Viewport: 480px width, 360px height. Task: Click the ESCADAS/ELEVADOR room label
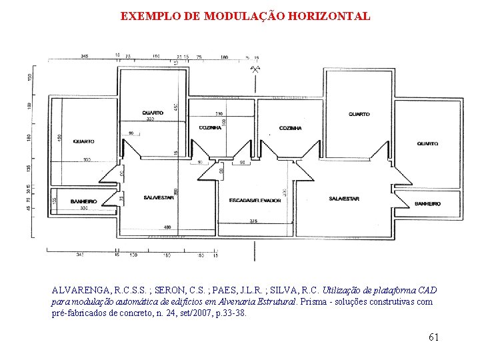(251, 200)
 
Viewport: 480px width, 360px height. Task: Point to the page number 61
(433, 337)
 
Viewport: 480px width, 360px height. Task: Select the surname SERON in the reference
(179, 291)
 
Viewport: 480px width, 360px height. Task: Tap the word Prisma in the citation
(314, 301)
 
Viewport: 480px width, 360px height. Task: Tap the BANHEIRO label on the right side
(427, 203)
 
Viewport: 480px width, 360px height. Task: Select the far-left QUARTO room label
(84, 141)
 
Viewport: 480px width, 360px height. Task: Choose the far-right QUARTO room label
(427, 143)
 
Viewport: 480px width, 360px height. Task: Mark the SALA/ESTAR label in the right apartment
(343, 199)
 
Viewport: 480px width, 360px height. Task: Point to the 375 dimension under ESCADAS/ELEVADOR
(253, 221)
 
